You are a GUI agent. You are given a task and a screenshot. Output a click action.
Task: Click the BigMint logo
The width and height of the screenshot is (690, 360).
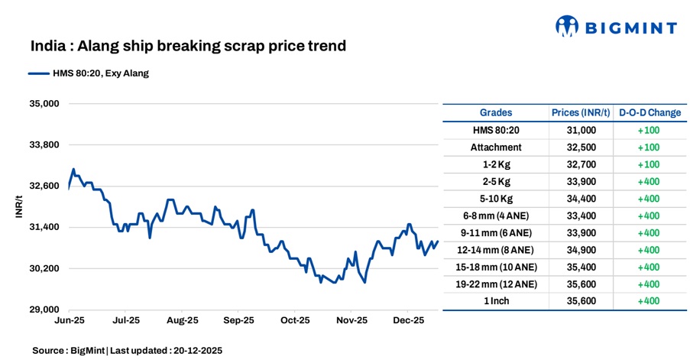pyautogui.click(x=616, y=28)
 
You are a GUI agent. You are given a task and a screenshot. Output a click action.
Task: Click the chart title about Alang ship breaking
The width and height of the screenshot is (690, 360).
pyautogui.click(x=188, y=46)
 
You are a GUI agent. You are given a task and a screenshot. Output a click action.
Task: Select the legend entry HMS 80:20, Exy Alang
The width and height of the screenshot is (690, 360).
pyautogui.click(x=96, y=73)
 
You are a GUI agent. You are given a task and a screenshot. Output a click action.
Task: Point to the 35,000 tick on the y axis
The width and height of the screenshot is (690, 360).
pyautogui.click(x=44, y=103)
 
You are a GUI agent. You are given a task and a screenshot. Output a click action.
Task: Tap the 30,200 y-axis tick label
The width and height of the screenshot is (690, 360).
pyautogui.click(x=44, y=268)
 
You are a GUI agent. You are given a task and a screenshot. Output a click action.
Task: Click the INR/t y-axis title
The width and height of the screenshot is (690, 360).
pyautogui.click(x=18, y=206)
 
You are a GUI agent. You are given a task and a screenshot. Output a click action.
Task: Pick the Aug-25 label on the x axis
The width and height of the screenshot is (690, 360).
pyautogui.click(x=183, y=321)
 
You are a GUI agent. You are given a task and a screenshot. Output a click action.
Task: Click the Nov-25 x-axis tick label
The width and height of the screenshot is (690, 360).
pyautogui.click(x=352, y=321)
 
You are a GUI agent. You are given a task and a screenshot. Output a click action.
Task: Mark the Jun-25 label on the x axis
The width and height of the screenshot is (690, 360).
pyautogui.click(x=70, y=321)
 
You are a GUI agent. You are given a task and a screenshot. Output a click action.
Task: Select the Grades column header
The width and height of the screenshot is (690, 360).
pyautogui.click(x=496, y=112)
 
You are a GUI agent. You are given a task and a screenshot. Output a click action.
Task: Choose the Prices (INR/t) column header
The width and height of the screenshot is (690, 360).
pyautogui.click(x=581, y=112)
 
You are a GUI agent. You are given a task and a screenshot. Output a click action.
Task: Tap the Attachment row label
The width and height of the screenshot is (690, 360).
pyautogui.click(x=496, y=147)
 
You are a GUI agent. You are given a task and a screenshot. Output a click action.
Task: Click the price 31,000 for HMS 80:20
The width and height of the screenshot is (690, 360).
pyautogui.click(x=581, y=130)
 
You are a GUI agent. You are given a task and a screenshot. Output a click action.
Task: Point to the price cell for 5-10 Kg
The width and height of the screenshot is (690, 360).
pyautogui.click(x=581, y=198)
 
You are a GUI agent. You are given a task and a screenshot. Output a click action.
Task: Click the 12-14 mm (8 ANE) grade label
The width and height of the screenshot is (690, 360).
pyautogui.click(x=496, y=250)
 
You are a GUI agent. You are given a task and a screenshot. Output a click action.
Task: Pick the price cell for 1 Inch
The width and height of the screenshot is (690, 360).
pyautogui.click(x=581, y=301)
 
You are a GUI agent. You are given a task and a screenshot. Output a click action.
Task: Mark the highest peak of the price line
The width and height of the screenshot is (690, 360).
pyautogui.click(x=73, y=169)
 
